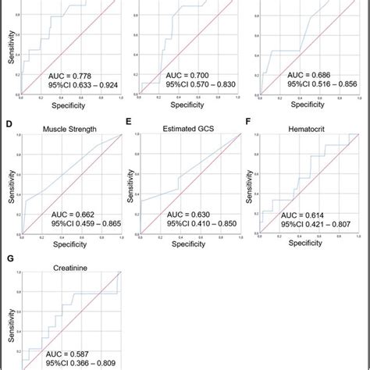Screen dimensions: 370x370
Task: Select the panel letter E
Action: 129,123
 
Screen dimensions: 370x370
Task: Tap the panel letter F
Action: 248,123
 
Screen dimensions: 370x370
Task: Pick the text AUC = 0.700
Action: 187,75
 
